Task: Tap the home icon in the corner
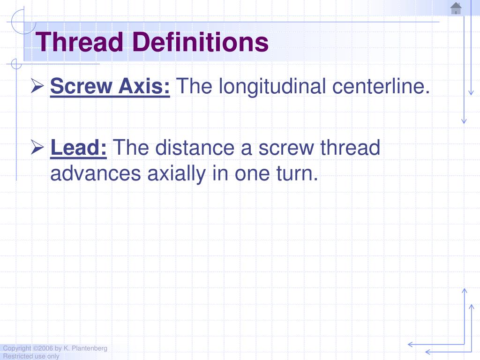(456, 8)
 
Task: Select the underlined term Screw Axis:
(110, 86)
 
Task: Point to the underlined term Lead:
(79, 148)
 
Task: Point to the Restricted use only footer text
(31, 356)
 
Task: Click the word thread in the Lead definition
(350, 148)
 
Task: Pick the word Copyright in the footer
(17, 348)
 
